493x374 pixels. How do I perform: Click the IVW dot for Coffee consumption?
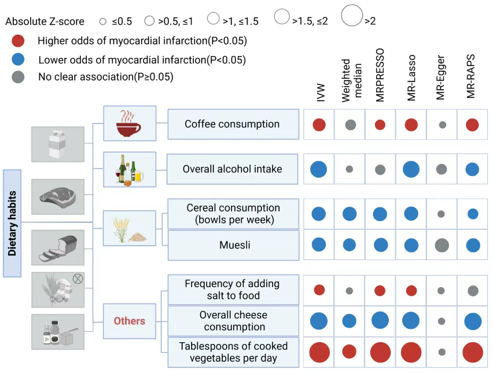[x=319, y=125]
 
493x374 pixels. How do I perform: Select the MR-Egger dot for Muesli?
[x=442, y=245]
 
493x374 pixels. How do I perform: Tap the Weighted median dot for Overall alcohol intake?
[x=349, y=169]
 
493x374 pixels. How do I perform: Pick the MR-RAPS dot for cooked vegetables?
[x=473, y=353]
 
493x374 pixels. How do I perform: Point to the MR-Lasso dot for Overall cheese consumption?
[x=411, y=321]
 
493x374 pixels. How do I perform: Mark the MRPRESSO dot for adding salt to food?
[x=380, y=290]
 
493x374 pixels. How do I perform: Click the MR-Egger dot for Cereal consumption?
[x=441, y=214]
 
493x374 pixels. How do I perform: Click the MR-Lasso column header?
[x=411, y=78]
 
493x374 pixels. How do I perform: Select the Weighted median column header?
[x=351, y=80]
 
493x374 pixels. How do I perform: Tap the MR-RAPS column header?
[x=470, y=76]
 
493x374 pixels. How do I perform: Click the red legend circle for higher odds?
[x=18, y=41]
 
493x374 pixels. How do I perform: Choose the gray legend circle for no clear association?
[x=18, y=77]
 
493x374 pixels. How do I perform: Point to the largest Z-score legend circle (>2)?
[x=352, y=16]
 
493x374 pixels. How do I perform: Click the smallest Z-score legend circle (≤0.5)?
[x=102, y=21]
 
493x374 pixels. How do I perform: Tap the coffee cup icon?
[x=128, y=123]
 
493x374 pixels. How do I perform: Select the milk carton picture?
[x=57, y=144]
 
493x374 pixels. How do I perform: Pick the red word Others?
[x=130, y=321]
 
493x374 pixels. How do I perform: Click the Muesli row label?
[x=235, y=245]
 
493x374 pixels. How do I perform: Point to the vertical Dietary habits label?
[x=12, y=223]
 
